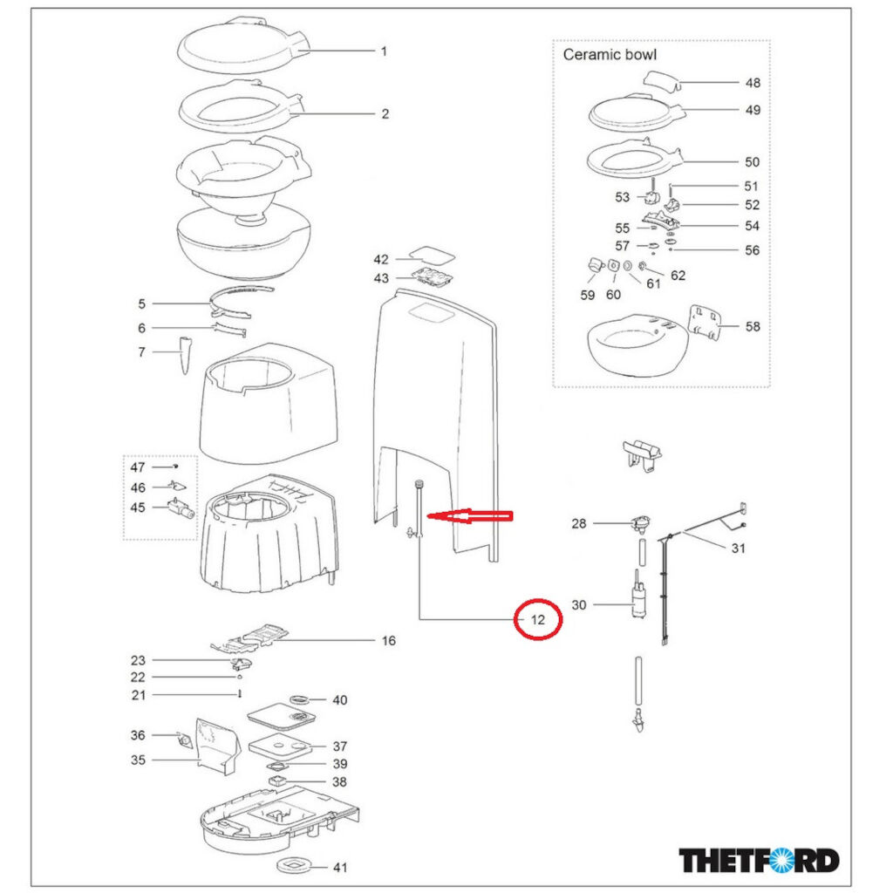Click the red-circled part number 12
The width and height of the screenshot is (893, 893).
coord(538,620)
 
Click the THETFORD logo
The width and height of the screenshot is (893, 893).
coord(759,860)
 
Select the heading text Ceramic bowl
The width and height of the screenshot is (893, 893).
coord(610,54)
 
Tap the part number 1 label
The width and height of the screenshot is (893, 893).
coord(383,51)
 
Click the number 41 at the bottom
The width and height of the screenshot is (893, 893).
coord(339,867)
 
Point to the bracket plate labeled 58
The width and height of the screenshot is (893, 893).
coord(706,323)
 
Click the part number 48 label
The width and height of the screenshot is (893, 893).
coord(752,83)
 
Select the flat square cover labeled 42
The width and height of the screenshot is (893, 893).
coord(433,256)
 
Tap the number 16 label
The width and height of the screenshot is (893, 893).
coord(388,641)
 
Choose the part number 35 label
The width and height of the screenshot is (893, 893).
coord(138,760)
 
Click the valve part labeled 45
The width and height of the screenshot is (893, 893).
coord(179,508)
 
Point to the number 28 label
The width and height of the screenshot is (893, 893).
coord(578,523)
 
